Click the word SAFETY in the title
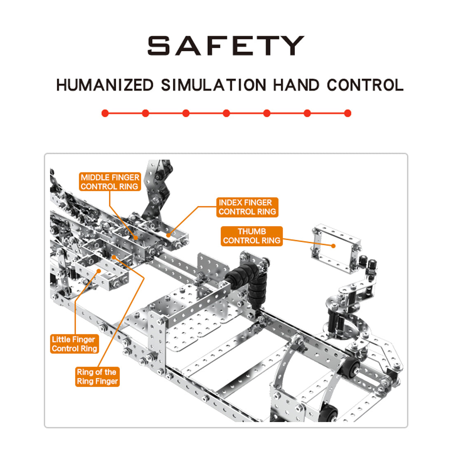point(226,46)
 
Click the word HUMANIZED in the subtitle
point(105,85)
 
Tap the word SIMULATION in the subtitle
point(213,85)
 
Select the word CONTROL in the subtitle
point(365,85)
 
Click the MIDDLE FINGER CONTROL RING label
point(110,182)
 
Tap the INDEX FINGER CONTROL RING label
point(248,207)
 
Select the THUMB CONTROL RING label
point(252,236)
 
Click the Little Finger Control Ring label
point(74,344)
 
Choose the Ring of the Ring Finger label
point(97,376)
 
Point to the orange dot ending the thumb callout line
point(334,246)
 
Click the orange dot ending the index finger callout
point(168,236)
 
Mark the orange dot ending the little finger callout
point(99,271)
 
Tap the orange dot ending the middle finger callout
point(136,238)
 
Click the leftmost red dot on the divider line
point(105,113)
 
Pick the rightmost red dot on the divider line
point(348,113)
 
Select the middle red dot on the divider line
point(226,113)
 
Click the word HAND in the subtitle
point(296,85)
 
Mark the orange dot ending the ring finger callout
point(114,257)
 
